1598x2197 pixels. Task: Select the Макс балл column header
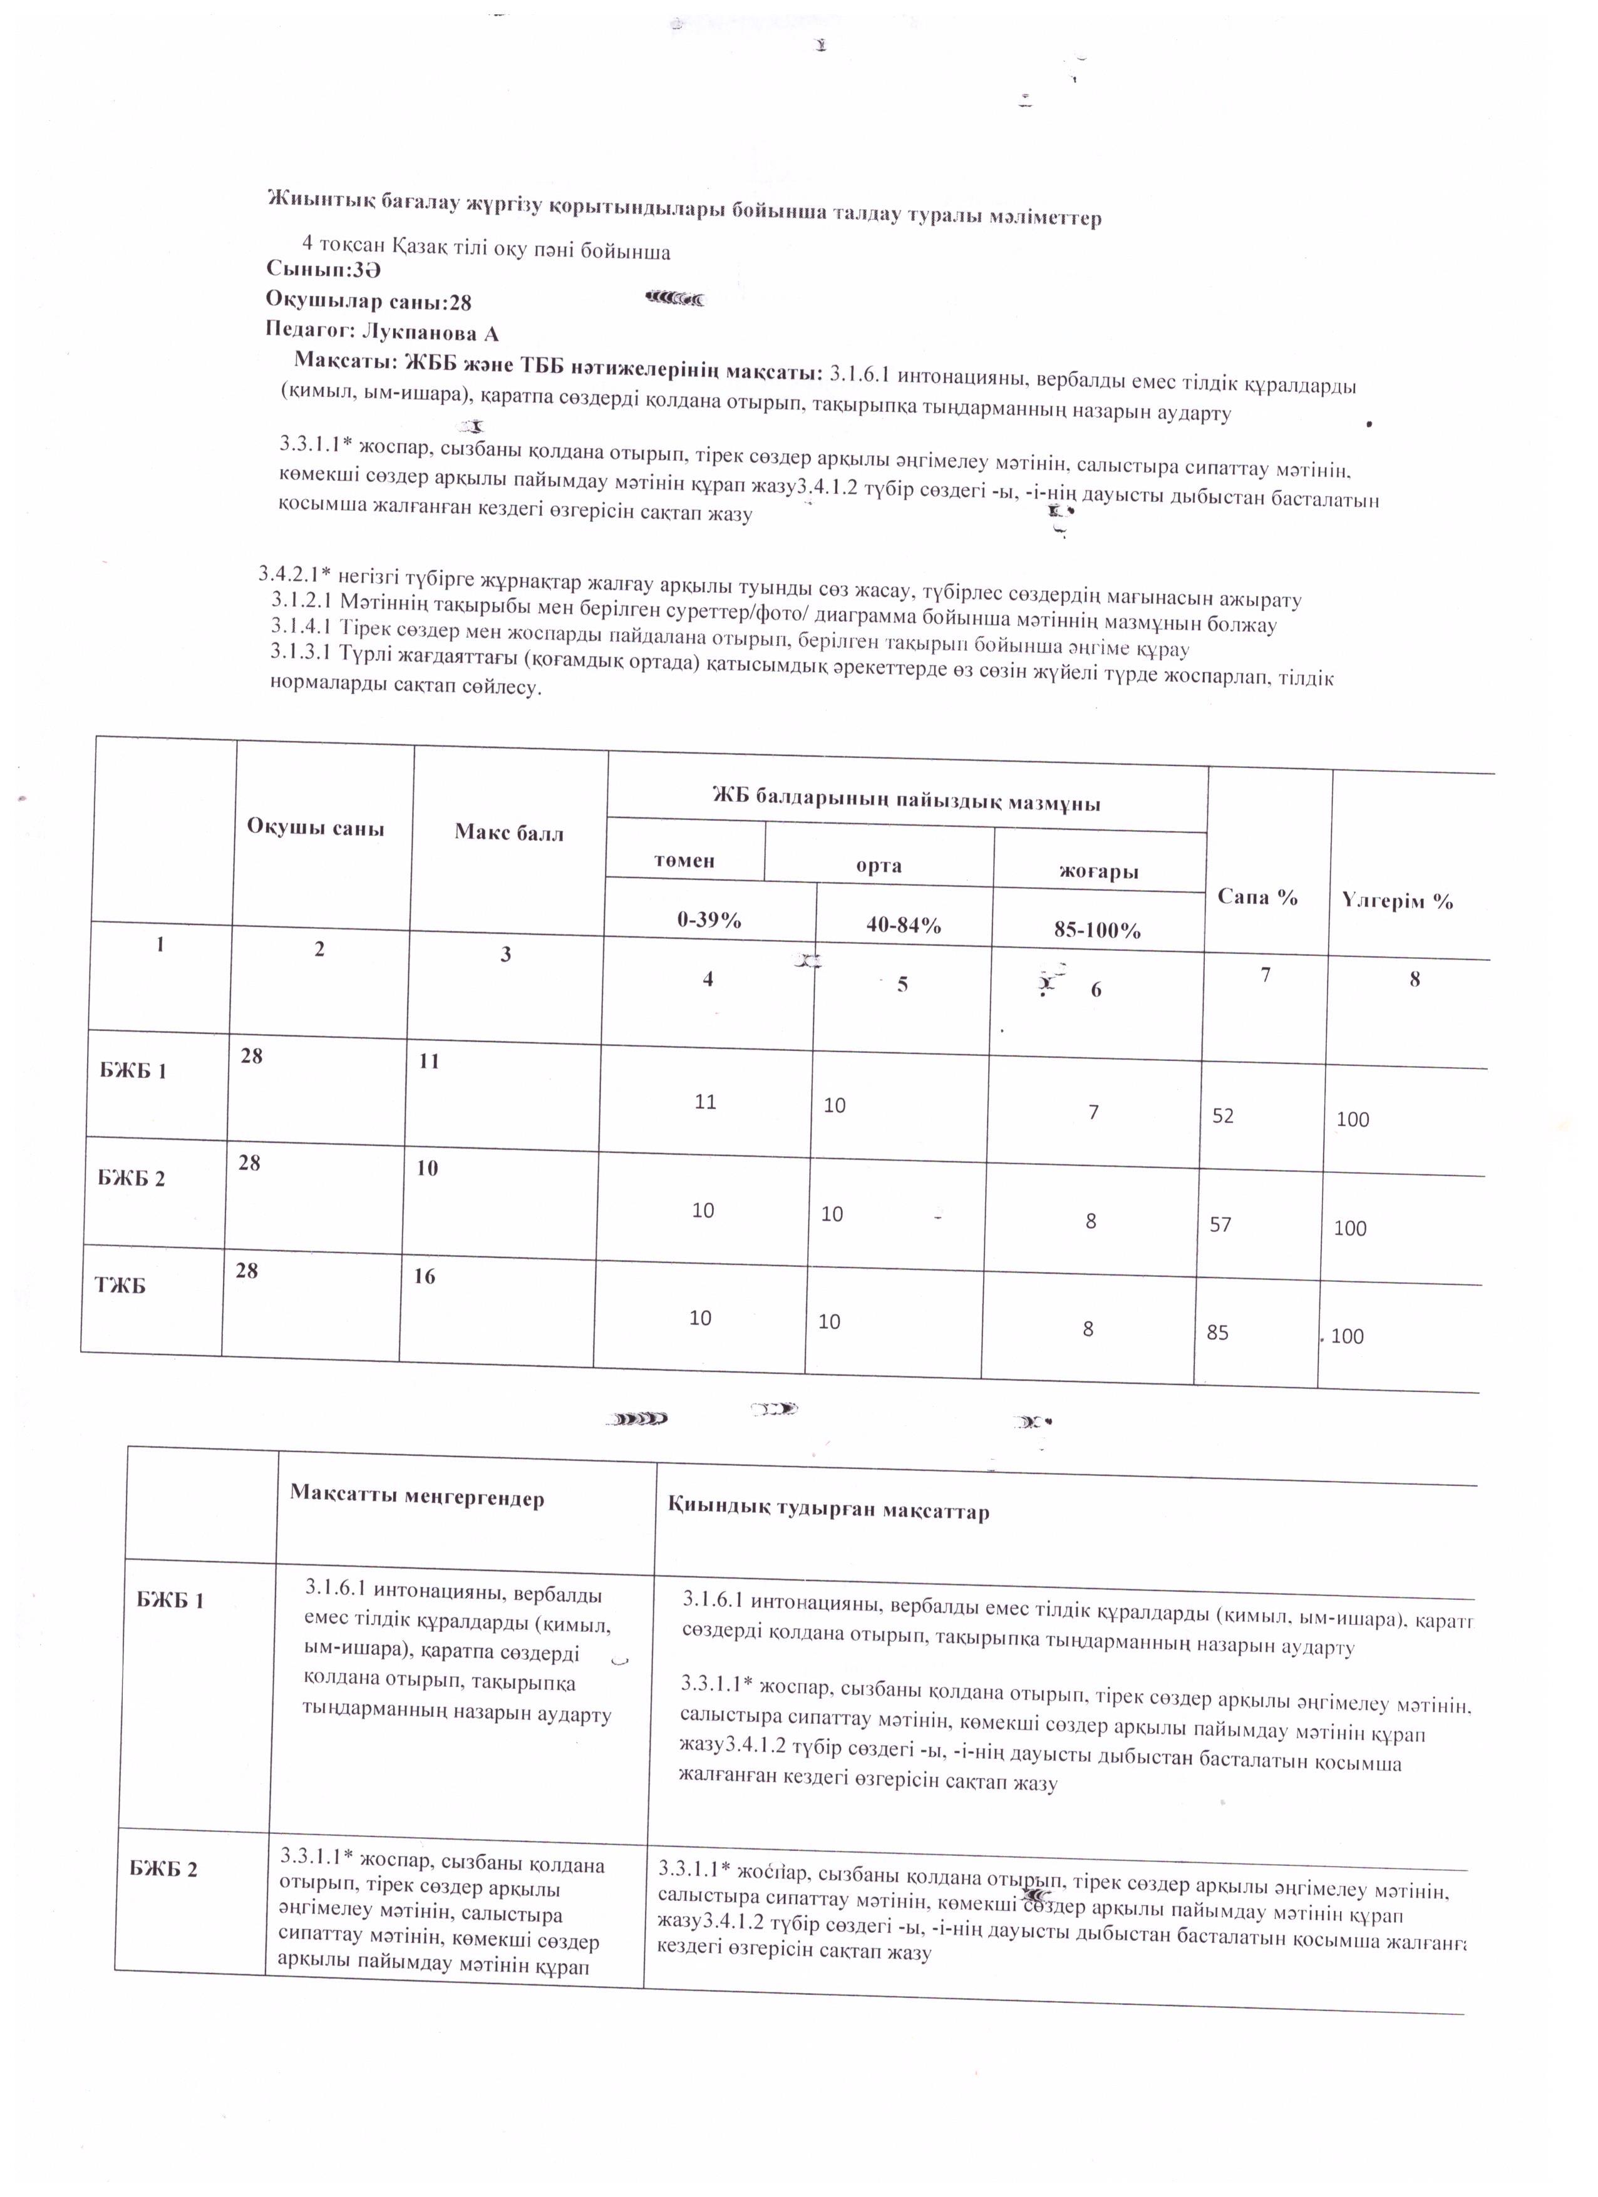(x=508, y=833)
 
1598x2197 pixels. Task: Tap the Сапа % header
(x=1257, y=897)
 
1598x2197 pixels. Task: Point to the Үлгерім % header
(x=1398, y=901)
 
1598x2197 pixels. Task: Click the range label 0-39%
(x=709, y=919)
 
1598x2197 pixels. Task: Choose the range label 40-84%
(x=903, y=925)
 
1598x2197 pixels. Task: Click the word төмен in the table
(x=684, y=860)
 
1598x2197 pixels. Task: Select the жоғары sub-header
(x=1098, y=871)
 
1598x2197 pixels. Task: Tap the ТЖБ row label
(x=119, y=1286)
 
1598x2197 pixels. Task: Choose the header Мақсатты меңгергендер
(x=416, y=1498)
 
